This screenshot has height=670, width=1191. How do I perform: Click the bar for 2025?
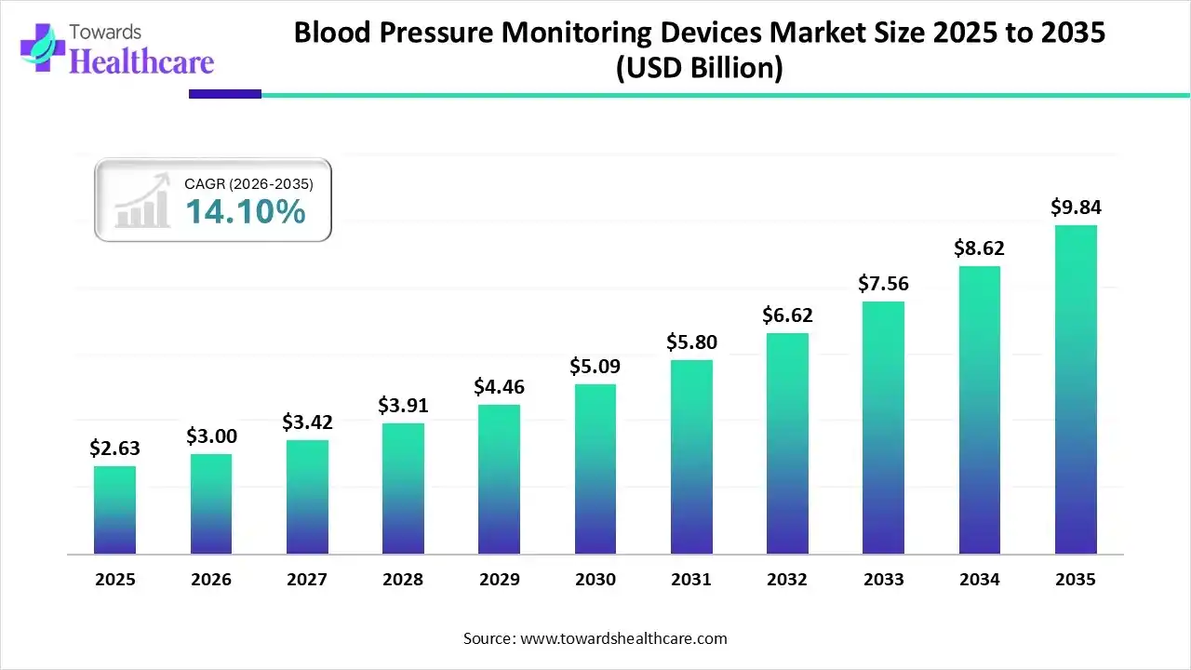(x=114, y=510)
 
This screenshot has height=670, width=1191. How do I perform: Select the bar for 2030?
(x=595, y=469)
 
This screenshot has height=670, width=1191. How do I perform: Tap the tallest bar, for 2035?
(x=1076, y=390)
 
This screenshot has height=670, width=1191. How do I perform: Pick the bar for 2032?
(x=787, y=444)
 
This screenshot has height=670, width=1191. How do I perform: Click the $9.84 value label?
(x=1076, y=208)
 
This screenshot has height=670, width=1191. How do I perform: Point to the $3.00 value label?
(x=211, y=435)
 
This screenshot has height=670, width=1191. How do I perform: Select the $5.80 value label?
(x=691, y=342)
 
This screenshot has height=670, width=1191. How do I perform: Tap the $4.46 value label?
(x=500, y=386)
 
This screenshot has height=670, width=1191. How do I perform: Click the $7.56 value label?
(x=884, y=283)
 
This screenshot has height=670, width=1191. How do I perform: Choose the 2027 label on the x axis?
(x=307, y=580)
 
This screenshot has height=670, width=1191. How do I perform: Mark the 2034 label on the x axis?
(x=980, y=580)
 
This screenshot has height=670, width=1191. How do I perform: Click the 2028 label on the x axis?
(x=403, y=580)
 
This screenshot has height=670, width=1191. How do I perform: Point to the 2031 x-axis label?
(x=691, y=580)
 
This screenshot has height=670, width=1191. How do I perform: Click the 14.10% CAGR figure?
(x=245, y=212)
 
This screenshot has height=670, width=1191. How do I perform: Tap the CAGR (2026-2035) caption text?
(x=248, y=184)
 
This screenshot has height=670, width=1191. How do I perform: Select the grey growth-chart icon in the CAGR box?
(x=141, y=201)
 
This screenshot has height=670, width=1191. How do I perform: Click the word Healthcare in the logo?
(x=141, y=61)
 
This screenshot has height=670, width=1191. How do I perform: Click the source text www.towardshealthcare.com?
(x=622, y=638)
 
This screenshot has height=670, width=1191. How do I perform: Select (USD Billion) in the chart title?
(x=700, y=68)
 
